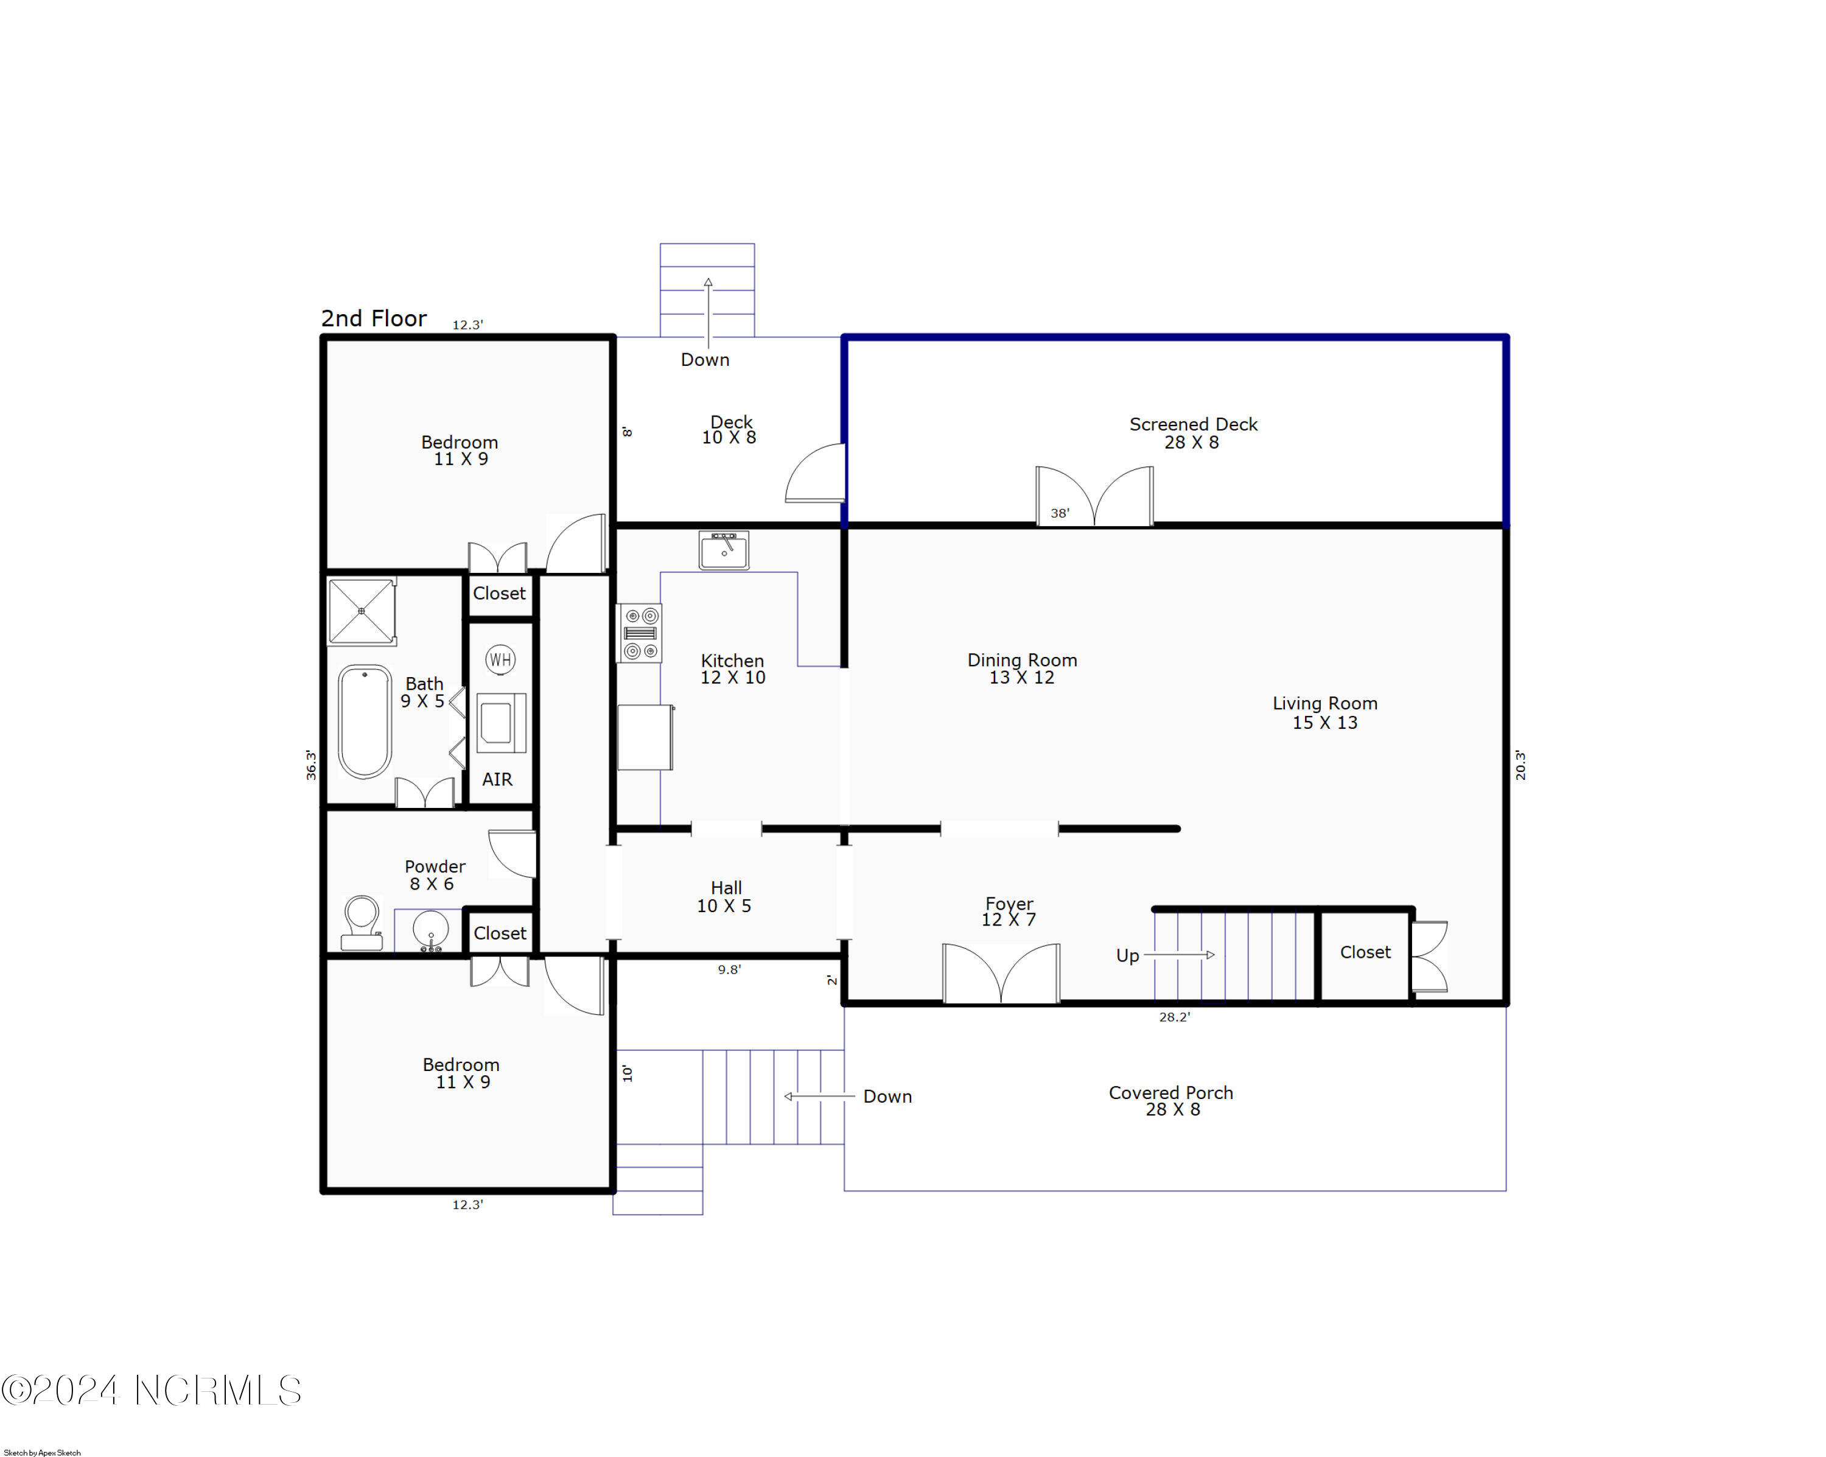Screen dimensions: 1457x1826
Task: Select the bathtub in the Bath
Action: (x=365, y=721)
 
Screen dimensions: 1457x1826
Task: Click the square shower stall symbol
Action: (x=362, y=611)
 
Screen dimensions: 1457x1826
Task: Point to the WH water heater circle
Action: (x=500, y=659)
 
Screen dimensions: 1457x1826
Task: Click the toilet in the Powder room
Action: (x=362, y=922)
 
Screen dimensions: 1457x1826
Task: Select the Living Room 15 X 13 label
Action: (x=1324, y=712)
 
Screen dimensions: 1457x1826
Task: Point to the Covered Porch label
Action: (x=1171, y=1100)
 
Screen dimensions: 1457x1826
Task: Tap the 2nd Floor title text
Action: (x=374, y=318)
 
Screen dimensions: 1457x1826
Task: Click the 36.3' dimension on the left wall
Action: (x=312, y=764)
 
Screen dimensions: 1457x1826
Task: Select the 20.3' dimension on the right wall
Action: (x=1520, y=764)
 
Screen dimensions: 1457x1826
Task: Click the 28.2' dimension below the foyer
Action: (x=1174, y=1017)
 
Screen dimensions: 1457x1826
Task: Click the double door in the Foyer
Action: (x=1001, y=974)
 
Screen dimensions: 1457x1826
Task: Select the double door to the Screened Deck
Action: (x=1094, y=496)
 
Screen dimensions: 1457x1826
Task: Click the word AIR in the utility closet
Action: (x=497, y=779)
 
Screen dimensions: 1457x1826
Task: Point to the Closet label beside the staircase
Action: (x=1365, y=952)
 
